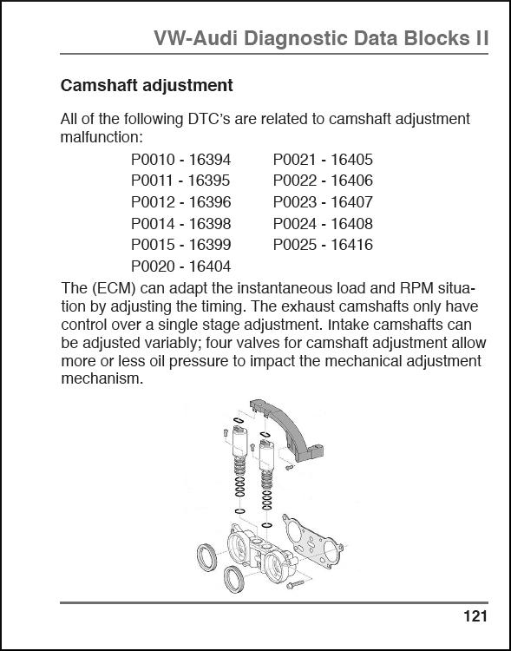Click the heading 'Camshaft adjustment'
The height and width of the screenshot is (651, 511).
point(147,86)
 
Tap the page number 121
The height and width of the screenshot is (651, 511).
point(475,616)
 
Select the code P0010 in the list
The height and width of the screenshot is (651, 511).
point(152,160)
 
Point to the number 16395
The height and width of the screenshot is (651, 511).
point(209,181)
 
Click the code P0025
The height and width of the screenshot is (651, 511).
point(294,245)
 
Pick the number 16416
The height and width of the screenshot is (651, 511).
point(351,245)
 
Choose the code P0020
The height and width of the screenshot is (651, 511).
point(152,266)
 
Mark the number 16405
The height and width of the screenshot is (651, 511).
point(351,160)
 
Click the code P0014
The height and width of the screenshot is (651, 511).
point(152,223)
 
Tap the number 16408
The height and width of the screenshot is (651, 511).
point(351,223)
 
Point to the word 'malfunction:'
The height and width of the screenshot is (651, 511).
point(102,137)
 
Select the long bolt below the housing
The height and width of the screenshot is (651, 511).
point(295,584)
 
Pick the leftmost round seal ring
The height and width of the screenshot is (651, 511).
point(206,556)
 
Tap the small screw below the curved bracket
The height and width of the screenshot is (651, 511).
point(290,468)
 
